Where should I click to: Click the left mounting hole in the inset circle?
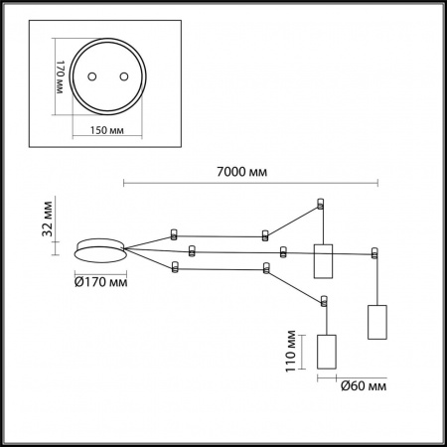pos(91,76)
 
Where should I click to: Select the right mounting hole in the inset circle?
pos(124,76)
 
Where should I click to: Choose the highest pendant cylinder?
pos(321,261)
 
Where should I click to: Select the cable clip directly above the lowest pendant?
pos(324,299)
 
